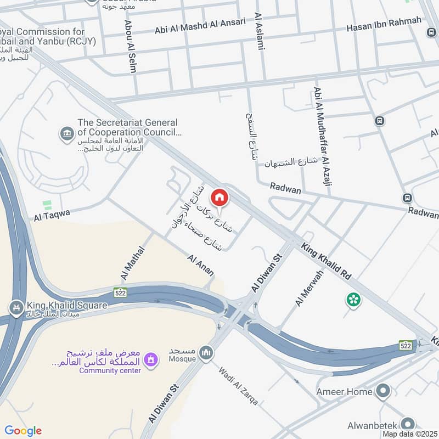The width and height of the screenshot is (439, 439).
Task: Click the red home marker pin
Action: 219,197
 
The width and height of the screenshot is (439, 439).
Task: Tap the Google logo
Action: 23,431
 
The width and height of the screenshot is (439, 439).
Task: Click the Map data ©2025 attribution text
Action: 409,434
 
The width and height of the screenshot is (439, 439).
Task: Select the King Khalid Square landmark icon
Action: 16,306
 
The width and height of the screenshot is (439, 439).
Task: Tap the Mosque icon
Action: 206,352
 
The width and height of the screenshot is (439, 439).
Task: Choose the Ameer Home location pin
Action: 383,392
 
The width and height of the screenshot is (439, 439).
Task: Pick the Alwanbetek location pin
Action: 407,424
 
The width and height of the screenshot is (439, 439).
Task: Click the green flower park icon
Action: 353,300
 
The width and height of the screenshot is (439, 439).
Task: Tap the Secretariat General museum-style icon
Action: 67,133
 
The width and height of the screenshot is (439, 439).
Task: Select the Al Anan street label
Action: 200,265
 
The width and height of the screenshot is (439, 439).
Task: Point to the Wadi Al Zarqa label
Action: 238,385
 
